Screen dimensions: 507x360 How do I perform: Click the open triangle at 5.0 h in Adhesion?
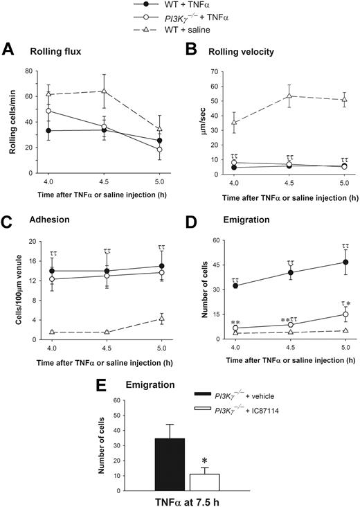(161, 319)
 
